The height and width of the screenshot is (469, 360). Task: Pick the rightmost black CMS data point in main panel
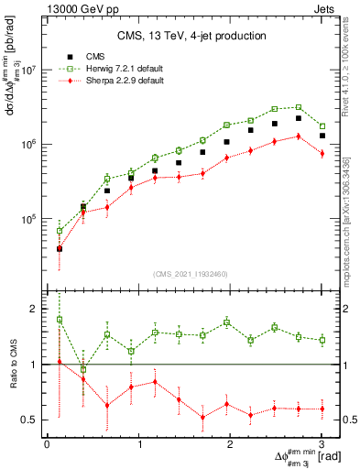tap(322, 136)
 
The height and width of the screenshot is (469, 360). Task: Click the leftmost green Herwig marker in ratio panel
tap(60, 320)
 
